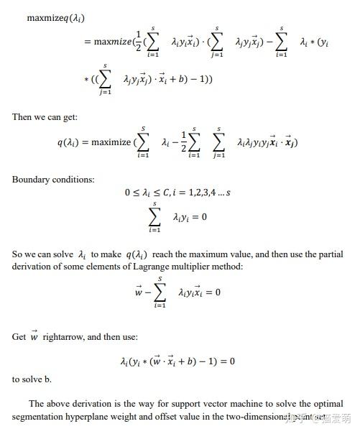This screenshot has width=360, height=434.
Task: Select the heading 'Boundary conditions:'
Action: (53, 179)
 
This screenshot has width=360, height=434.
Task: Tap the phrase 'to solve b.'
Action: (32, 379)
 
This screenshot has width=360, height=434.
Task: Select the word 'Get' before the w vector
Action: (19, 336)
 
